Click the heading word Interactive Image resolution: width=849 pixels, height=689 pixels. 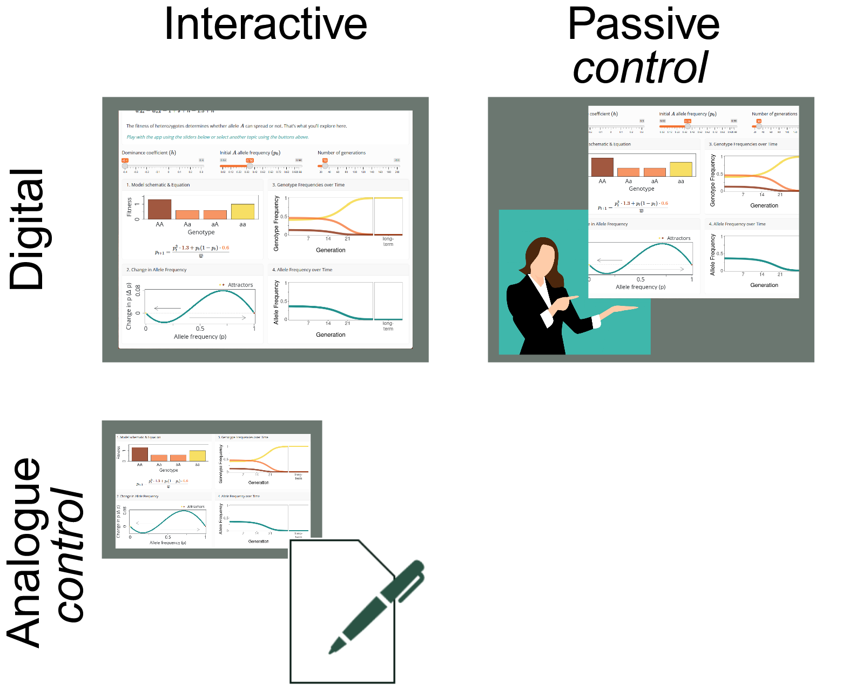coord(265,24)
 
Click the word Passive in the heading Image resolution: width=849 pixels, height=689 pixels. coord(643,24)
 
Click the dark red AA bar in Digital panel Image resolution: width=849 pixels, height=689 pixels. coord(159,209)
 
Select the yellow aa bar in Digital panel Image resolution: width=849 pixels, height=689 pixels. coord(242,211)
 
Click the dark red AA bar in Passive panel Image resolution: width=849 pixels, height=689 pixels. coord(602,167)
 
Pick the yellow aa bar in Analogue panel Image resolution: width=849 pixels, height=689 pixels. coord(197,455)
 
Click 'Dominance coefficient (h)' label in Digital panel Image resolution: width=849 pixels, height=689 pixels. coord(149,153)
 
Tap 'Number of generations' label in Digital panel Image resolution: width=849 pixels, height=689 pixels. coord(341,153)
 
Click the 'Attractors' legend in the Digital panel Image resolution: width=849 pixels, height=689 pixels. coord(240,285)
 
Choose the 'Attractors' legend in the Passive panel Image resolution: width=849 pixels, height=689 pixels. coord(678,238)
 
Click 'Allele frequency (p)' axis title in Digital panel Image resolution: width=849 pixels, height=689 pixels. coord(200,337)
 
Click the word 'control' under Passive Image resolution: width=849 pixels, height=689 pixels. coord(641,68)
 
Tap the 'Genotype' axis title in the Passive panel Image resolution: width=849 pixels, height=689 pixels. coord(641,189)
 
